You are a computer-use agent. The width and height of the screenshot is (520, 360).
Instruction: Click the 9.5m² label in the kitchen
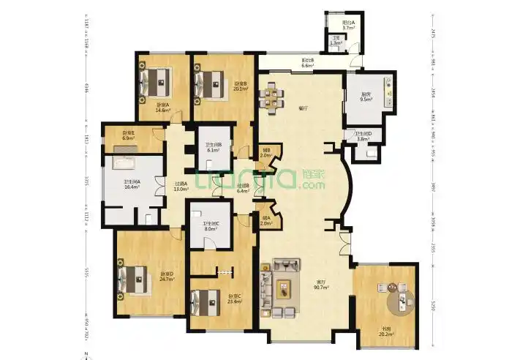(366, 100)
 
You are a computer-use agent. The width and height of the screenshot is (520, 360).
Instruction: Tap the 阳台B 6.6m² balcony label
(308, 63)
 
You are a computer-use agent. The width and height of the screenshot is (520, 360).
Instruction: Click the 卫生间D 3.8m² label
(363, 136)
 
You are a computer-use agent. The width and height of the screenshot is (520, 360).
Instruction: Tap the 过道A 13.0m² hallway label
(181, 187)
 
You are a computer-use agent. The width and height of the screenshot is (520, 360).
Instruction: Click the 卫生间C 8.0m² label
(211, 227)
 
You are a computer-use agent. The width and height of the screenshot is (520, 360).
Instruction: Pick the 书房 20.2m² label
(389, 335)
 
